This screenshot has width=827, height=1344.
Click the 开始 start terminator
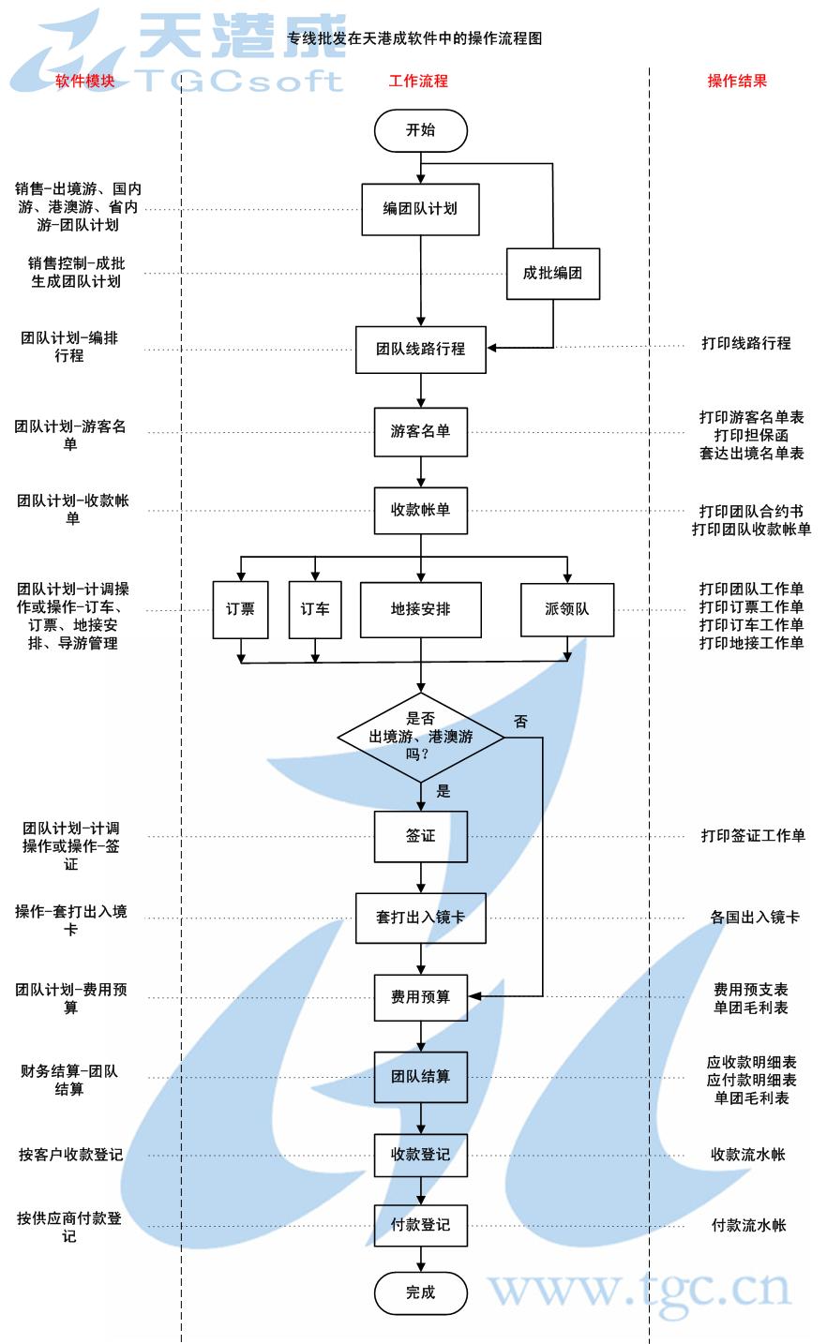(x=420, y=131)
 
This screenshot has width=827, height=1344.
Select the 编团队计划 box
(x=420, y=208)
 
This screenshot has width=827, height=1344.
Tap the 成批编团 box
(x=552, y=274)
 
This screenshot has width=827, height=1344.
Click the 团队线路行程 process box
(x=420, y=349)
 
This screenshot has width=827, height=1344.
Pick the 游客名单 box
(x=420, y=431)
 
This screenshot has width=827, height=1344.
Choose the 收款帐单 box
(x=420, y=511)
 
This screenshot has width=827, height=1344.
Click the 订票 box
(x=241, y=609)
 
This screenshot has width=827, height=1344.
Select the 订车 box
(x=315, y=609)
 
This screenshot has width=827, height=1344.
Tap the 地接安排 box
(x=420, y=609)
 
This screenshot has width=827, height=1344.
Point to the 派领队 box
(x=567, y=609)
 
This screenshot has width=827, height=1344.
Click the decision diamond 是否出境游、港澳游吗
(x=420, y=738)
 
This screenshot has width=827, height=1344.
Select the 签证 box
(x=420, y=836)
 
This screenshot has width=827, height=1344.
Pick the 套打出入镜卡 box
(x=420, y=918)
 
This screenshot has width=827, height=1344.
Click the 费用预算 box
(x=420, y=997)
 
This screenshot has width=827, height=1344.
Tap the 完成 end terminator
(x=420, y=1292)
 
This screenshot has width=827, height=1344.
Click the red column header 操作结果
(x=737, y=81)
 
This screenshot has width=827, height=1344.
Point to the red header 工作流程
(x=418, y=81)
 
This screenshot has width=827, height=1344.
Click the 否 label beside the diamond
(x=520, y=722)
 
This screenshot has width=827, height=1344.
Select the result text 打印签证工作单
(x=752, y=836)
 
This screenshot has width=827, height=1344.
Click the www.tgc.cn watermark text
(x=639, y=1290)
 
